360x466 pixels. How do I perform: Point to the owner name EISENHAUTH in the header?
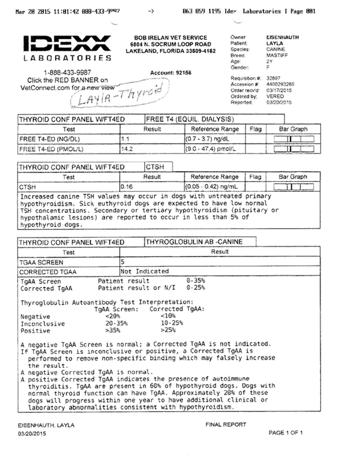pyautogui.click(x=282, y=37)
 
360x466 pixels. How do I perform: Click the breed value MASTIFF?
pyautogui.click(x=277, y=55)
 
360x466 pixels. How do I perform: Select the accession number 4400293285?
pyautogui.click(x=280, y=84)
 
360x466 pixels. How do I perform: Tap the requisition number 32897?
pyautogui.click(x=273, y=78)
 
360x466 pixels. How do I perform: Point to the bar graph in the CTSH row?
pyautogui.click(x=294, y=187)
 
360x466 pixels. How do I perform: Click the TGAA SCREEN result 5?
pyautogui.click(x=123, y=262)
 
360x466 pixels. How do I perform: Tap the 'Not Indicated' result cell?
pyautogui.click(x=144, y=271)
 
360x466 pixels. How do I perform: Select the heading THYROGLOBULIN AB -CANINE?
pyautogui.click(x=194, y=242)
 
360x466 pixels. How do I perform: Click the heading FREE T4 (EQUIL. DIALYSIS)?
pyautogui.click(x=190, y=120)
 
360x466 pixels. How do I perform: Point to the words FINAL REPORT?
pyautogui.click(x=225, y=424)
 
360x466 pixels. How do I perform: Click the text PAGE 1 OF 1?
pyautogui.click(x=286, y=433)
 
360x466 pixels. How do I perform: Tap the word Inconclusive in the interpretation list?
pyautogui.click(x=43, y=323)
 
